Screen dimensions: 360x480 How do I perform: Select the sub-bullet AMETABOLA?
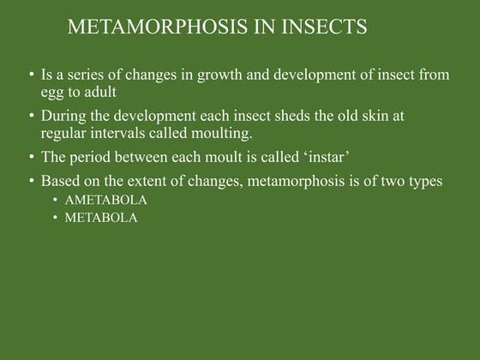pos(106,201)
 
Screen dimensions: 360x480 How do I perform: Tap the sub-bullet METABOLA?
pos(101,218)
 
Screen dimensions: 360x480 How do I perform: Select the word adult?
pos(98,91)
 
